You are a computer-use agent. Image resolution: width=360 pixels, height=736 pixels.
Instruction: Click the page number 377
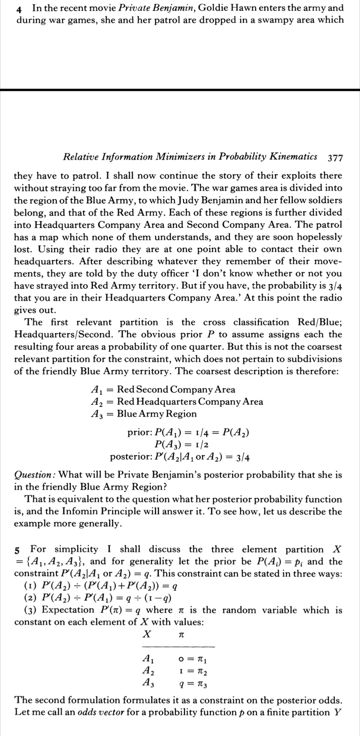(x=335, y=158)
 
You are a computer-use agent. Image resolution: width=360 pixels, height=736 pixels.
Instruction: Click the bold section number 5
(x=17, y=550)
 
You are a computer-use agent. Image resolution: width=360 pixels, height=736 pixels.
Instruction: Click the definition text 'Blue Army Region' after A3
(x=157, y=414)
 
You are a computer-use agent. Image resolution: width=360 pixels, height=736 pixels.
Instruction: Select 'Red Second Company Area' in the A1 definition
(x=176, y=389)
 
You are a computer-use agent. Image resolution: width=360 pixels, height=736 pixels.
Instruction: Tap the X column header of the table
(x=147, y=634)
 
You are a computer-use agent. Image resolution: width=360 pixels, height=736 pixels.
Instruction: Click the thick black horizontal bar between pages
(x=180, y=90)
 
